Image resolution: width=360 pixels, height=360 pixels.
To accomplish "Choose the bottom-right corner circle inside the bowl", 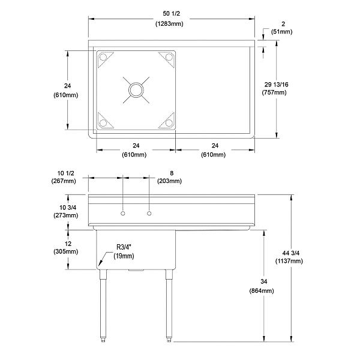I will (x=165, y=123).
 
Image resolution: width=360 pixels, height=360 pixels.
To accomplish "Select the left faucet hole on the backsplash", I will (x=122, y=214).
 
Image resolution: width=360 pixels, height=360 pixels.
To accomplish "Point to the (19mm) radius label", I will (x=124, y=256).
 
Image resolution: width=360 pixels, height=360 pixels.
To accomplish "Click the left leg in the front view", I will (x=103, y=300).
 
